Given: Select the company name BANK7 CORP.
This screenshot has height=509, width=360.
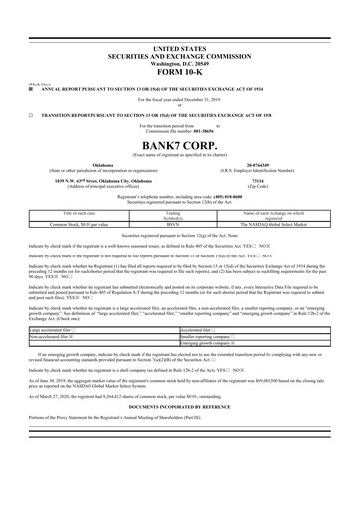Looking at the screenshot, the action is [180, 143].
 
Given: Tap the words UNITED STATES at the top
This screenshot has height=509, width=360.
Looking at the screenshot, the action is [180, 48].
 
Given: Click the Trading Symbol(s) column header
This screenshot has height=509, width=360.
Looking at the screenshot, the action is [172, 214].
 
